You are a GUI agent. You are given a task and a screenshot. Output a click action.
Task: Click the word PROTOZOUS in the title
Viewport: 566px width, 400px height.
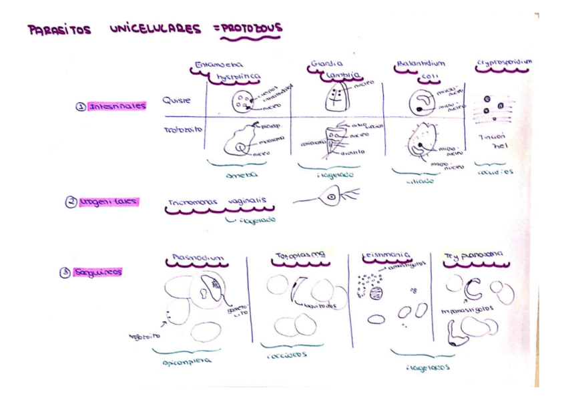tap(252, 29)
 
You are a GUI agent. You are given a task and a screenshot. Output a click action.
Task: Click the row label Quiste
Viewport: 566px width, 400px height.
tap(177, 102)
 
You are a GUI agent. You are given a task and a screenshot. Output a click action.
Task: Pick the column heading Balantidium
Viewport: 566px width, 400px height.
tap(420, 64)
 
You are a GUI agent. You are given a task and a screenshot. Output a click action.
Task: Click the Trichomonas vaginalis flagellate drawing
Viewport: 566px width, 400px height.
tap(331, 198)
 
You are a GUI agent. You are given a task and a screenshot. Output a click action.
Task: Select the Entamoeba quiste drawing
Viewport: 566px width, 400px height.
tap(239, 102)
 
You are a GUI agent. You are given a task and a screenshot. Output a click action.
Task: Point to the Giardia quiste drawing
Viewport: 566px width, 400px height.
tap(338, 98)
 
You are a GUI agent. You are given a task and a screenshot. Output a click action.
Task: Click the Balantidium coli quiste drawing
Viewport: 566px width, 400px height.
tap(421, 101)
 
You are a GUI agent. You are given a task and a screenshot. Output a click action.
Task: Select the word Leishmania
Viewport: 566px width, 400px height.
tap(386, 255)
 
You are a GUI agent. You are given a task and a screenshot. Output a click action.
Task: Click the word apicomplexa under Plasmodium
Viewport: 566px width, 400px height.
tap(188, 361)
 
